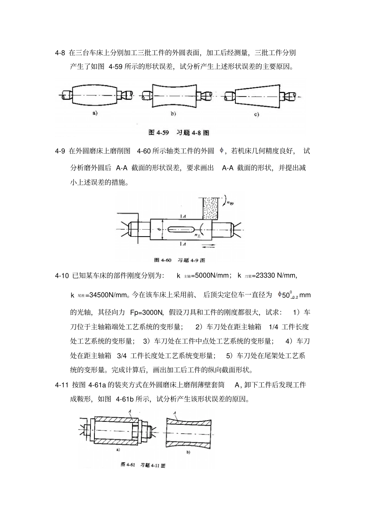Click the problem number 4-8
tap(60, 52)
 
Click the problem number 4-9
tap(60, 151)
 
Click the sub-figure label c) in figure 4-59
tap(256, 114)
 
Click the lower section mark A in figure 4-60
tap(184, 244)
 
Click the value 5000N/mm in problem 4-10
tap(211, 276)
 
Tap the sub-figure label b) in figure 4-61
tap(188, 452)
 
